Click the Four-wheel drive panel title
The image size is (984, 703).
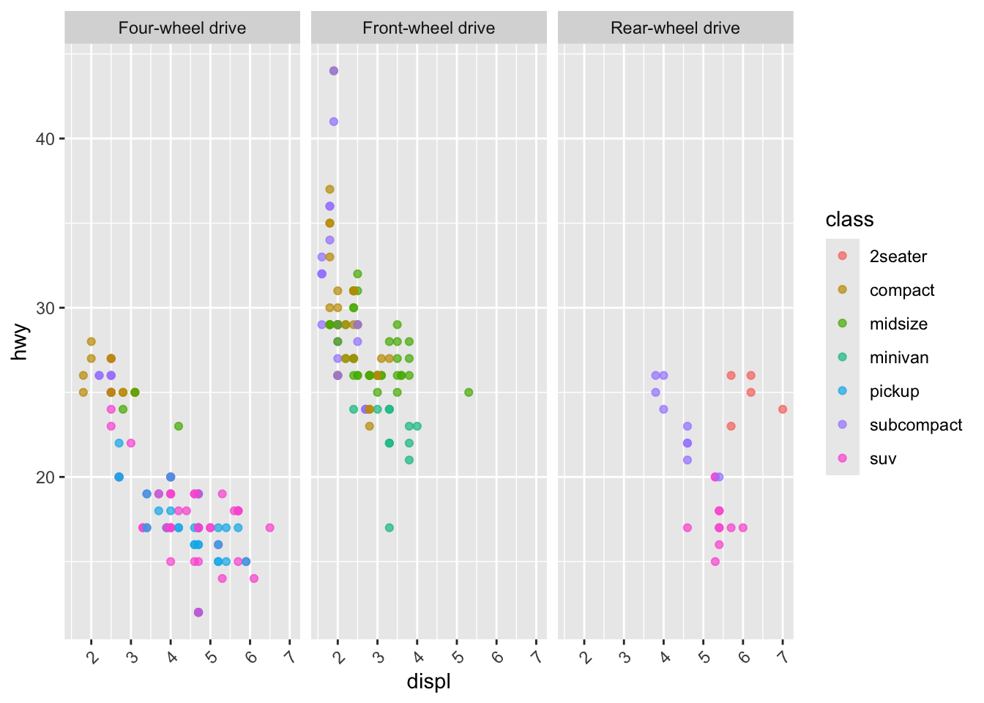coord(182,29)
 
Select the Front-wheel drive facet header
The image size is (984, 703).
coord(428,29)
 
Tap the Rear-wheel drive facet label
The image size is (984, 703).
coord(675,29)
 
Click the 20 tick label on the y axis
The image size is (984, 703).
coord(45,477)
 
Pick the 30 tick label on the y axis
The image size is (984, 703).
coord(45,308)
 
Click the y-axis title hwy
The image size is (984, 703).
coord(20,341)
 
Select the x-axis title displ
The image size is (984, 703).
coord(428,682)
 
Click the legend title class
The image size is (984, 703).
coord(849,220)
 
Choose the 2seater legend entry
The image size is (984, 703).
coord(898,256)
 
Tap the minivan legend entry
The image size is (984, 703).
coord(899,357)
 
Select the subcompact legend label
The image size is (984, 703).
coord(915,425)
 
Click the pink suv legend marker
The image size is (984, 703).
coord(842,458)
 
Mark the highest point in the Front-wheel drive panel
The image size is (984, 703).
coord(334,71)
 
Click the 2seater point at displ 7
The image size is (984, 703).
coord(783,409)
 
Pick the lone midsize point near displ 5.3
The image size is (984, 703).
coord(469,393)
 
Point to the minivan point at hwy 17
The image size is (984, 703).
coord(389,528)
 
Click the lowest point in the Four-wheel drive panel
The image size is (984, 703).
coord(198,612)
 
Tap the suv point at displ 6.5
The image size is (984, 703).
coord(270,528)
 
